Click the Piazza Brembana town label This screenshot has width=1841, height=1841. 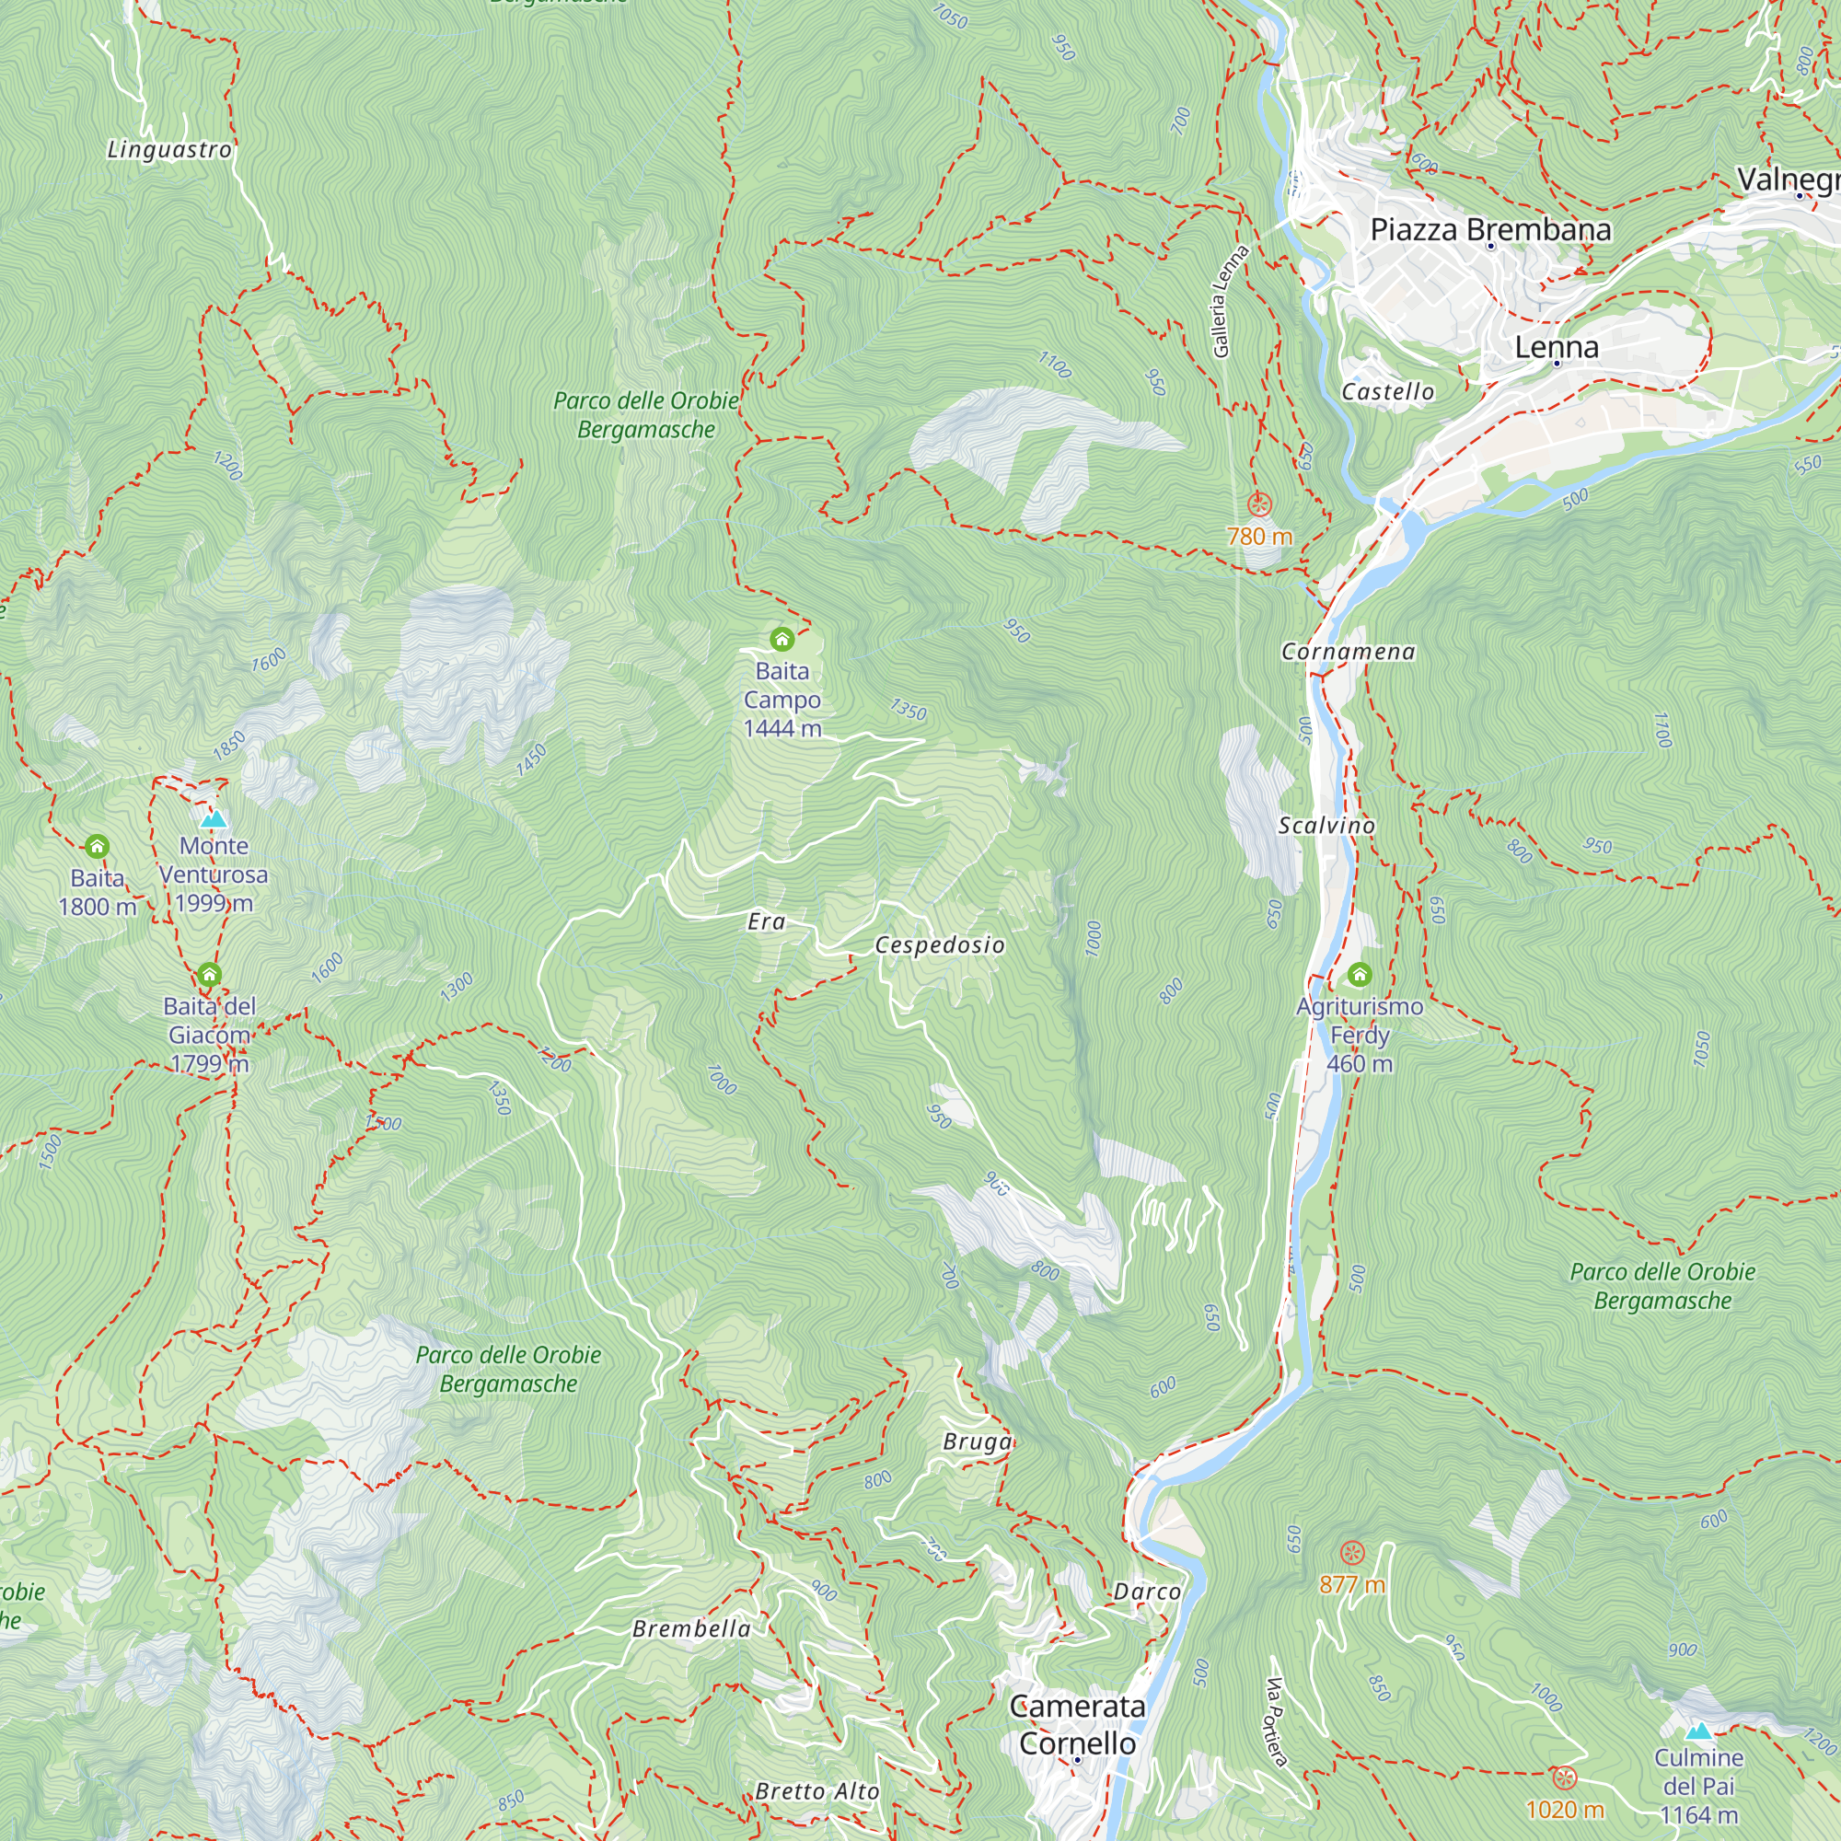click(x=1490, y=229)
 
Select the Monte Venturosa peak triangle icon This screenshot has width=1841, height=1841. click(x=214, y=818)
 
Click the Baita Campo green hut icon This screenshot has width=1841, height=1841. click(x=782, y=639)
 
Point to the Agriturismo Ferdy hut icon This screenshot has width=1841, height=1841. click(x=1360, y=974)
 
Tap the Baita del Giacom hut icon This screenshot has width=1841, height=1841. click(x=210, y=974)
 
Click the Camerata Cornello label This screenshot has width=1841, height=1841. click(x=1078, y=1724)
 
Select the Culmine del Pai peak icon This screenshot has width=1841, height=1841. click(x=1698, y=1731)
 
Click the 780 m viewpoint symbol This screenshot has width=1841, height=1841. click(x=1258, y=504)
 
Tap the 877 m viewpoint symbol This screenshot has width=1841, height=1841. click(x=1351, y=1552)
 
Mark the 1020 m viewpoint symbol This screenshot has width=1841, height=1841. click(x=1564, y=1777)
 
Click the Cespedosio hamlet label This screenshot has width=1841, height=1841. click(x=940, y=945)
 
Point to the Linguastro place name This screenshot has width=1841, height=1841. click(x=169, y=150)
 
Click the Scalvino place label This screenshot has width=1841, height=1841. click(x=1326, y=825)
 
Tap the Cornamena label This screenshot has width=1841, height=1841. click(x=1348, y=652)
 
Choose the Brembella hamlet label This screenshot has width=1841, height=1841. click(x=691, y=1628)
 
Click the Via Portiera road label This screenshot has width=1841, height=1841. click(x=1277, y=1722)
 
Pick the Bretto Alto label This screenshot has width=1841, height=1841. click(x=816, y=1791)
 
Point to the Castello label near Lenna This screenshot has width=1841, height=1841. click(x=1387, y=391)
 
